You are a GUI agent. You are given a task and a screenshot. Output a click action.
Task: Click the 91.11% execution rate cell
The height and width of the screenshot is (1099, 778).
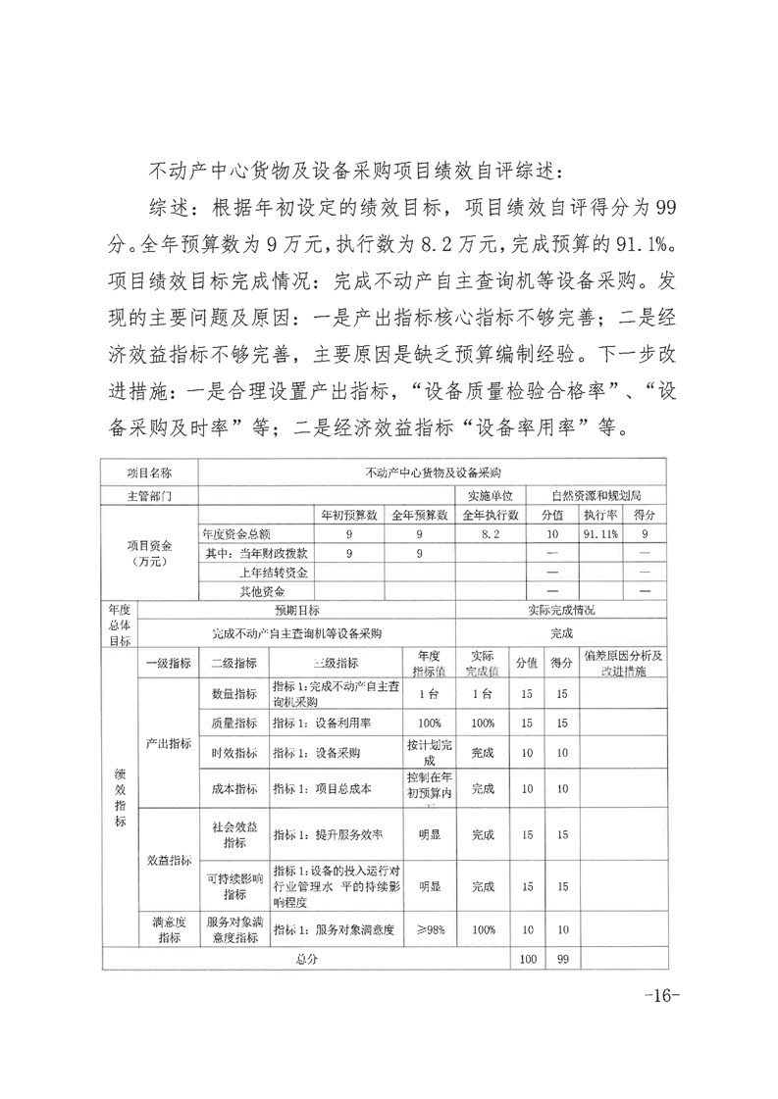[x=597, y=534]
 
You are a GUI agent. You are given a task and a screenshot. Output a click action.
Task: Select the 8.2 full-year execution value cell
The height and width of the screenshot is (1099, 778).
[x=491, y=534]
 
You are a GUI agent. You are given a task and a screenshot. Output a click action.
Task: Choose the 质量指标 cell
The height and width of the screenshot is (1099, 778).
[x=234, y=724]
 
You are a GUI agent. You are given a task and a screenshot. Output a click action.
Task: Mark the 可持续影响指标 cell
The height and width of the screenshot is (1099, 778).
[x=234, y=886]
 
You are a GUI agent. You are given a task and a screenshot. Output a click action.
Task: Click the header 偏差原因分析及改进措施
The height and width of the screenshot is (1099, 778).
[x=622, y=663]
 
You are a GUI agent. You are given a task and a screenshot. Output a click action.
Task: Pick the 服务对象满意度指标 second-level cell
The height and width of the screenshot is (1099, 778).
[x=234, y=928]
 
